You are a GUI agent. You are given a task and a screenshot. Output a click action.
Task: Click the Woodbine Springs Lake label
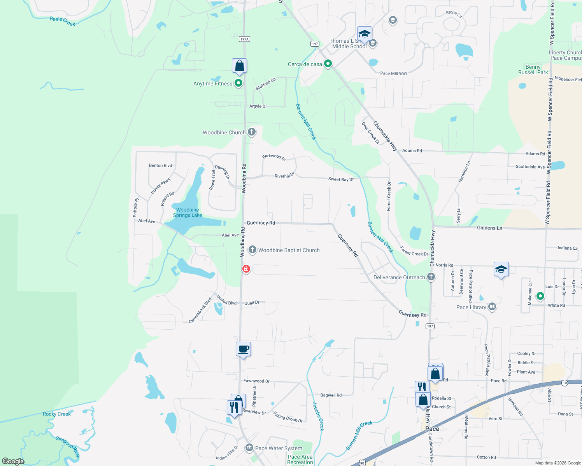(188, 212)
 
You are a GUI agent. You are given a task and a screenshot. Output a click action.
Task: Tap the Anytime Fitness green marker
(238, 83)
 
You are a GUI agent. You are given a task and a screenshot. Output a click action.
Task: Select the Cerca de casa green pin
(328, 64)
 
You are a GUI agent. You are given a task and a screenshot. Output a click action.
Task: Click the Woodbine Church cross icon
(252, 132)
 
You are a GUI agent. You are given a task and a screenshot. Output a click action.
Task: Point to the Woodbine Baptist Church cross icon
(252, 250)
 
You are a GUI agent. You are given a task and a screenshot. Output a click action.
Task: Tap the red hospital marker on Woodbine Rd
(246, 269)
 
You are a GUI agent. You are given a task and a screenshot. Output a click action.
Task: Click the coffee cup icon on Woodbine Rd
(243, 349)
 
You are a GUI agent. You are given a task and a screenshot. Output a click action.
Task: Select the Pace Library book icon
(492, 307)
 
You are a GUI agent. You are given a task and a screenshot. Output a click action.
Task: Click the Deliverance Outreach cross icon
(431, 277)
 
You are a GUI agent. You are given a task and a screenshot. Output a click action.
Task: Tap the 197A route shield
(244, 39)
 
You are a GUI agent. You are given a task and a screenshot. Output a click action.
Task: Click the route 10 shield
(565, 383)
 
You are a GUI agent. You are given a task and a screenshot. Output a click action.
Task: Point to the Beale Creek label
(62, 21)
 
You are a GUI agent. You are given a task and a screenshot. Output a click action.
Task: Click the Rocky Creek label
(57, 414)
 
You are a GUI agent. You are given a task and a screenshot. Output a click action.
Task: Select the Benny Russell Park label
(533, 70)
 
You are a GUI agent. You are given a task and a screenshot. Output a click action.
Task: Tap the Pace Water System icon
(249, 448)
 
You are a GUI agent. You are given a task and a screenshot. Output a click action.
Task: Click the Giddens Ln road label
(489, 228)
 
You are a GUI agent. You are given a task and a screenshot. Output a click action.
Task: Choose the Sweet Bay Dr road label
(341, 179)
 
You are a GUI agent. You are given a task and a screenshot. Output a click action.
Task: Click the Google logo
(13, 461)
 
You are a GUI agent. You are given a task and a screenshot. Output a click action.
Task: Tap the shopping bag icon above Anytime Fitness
(239, 66)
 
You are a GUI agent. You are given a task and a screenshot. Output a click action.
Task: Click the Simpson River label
(68, 446)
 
